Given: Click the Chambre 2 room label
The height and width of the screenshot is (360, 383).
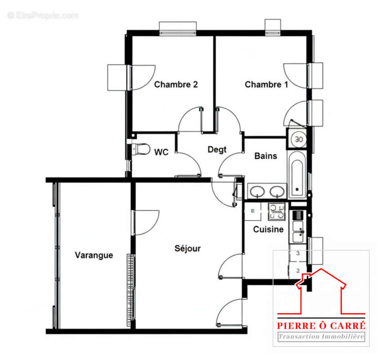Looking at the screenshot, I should click(x=176, y=84).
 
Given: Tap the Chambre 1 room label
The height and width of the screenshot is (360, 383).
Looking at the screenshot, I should click(x=267, y=84).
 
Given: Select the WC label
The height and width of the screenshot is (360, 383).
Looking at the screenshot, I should click(x=161, y=152).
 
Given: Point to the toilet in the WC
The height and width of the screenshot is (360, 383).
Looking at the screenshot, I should click(x=140, y=148).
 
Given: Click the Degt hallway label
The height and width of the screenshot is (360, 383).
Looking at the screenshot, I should click(x=217, y=150).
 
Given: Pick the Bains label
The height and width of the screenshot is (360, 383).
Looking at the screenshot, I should click(x=266, y=156).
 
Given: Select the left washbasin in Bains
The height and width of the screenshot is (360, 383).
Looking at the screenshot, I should click(x=257, y=192).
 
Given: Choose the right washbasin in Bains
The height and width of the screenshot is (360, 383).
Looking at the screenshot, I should click(x=276, y=192).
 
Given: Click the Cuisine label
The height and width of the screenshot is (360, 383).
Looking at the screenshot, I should click(x=268, y=229).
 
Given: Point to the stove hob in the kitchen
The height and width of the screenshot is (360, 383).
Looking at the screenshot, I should click(x=276, y=211).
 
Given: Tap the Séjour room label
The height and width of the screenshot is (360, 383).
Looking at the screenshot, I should click(x=187, y=248).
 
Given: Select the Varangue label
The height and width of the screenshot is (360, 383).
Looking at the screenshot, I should click(x=94, y=255).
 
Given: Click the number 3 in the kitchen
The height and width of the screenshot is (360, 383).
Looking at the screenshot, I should click(x=298, y=253).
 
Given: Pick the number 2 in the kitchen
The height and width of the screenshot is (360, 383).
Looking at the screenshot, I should click(x=298, y=270).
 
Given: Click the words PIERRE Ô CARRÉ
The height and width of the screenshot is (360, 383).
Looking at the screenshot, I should click(x=321, y=325).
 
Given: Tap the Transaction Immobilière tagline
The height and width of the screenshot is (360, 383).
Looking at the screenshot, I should click(x=321, y=337).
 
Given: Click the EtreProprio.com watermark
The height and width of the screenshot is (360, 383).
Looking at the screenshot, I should click(x=43, y=15).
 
